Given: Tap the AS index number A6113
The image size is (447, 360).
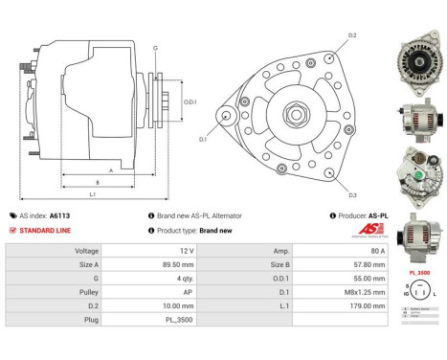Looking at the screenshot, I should (x=60, y=216).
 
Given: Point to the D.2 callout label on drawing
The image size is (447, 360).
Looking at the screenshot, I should (x=352, y=35).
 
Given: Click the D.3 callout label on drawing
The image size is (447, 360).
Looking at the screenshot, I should (x=352, y=195).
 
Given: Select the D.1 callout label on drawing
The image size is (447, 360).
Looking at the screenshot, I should (x=203, y=140).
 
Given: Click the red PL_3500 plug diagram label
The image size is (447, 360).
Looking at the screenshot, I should (x=417, y=273).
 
